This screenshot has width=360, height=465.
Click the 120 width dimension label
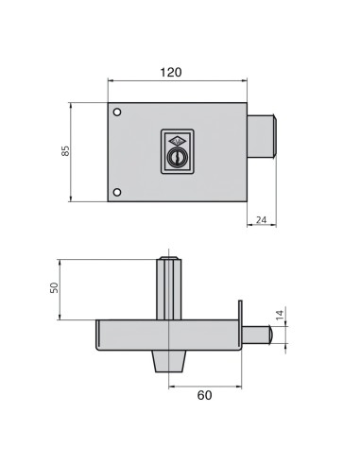(x=171, y=72)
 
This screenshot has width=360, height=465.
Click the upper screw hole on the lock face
(x=117, y=113)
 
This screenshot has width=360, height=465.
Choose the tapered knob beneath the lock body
(x=169, y=361)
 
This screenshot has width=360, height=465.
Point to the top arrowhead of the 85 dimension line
(x=73, y=107)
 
